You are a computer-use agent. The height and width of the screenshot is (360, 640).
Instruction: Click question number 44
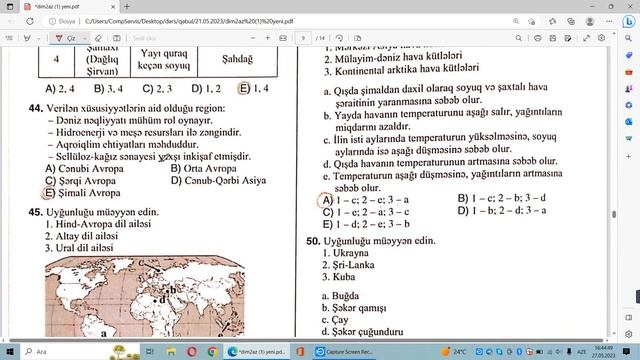[35, 108]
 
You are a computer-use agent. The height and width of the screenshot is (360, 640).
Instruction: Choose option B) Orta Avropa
[204, 168]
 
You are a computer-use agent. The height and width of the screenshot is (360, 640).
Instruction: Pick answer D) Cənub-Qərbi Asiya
[222, 181]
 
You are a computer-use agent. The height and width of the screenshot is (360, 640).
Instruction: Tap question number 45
[35, 213]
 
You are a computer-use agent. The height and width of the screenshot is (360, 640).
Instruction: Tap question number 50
[314, 241]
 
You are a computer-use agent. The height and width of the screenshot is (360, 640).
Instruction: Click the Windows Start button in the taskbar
[12, 352]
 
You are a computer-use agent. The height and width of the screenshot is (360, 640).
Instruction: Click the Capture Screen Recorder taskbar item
[345, 352]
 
